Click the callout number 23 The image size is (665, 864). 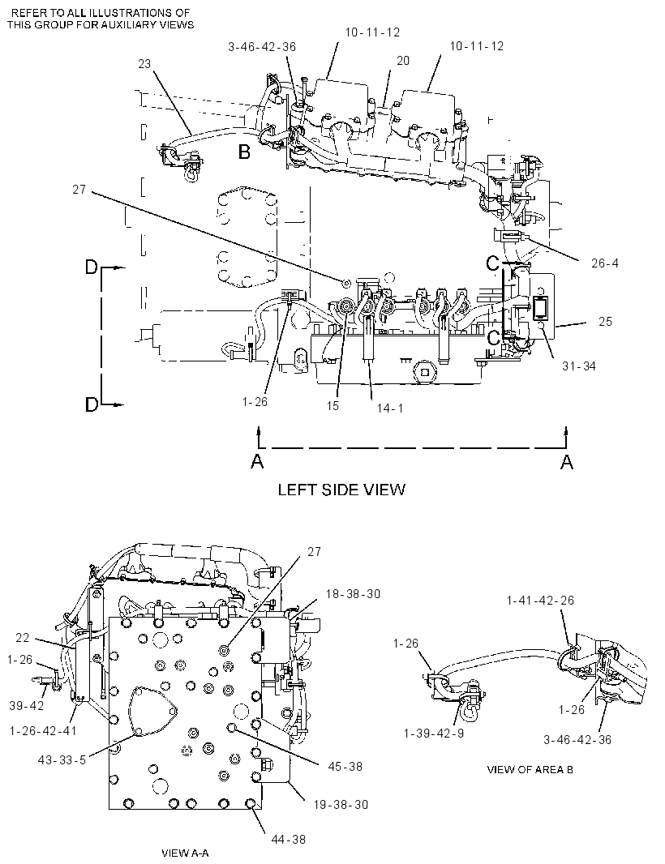click(144, 64)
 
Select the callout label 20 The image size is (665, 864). click(403, 61)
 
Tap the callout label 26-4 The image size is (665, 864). click(605, 263)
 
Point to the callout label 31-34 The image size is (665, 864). click(579, 366)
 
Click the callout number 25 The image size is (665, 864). click(606, 321)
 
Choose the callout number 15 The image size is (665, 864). click(332, 406)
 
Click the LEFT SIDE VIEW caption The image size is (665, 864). click(341, 490)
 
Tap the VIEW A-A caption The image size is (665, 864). click(185, 853)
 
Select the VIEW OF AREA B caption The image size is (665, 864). click(530, 769)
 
